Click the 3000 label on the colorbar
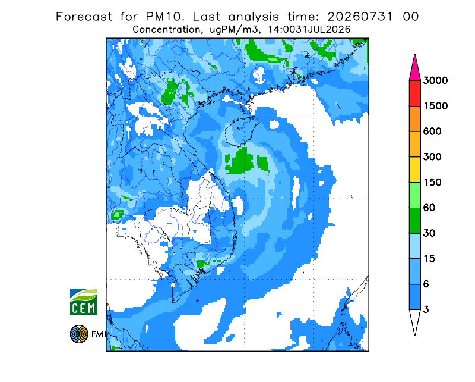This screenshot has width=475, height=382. tap(435, 80)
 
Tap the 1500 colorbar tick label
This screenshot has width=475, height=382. tap(435, 106)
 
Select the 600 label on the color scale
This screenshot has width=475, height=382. tap(432, 131)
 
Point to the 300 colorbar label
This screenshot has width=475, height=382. tap(432, 157)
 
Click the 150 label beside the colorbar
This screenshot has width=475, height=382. tap(432, 183)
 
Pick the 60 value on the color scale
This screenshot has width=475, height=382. tap(429, 208)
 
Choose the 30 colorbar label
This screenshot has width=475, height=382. tap(429, 233)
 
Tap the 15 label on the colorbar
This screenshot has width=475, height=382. tap(429, 259)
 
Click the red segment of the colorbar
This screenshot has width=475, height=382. tap(414, 93)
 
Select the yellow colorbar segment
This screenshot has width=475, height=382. tap(414, 170)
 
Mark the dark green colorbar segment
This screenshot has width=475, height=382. tap(414, 221)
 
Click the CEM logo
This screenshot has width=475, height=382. tap(83, 302)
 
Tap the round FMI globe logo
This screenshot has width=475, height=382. tap(79, 334)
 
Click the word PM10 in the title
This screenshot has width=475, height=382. tap(164, 17)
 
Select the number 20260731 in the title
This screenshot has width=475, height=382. tap(360, 17)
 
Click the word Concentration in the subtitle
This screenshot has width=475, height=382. tap(166, 30)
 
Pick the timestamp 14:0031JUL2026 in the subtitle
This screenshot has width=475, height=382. tap(309, 30)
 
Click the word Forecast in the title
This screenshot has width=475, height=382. tap(84, 17)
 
